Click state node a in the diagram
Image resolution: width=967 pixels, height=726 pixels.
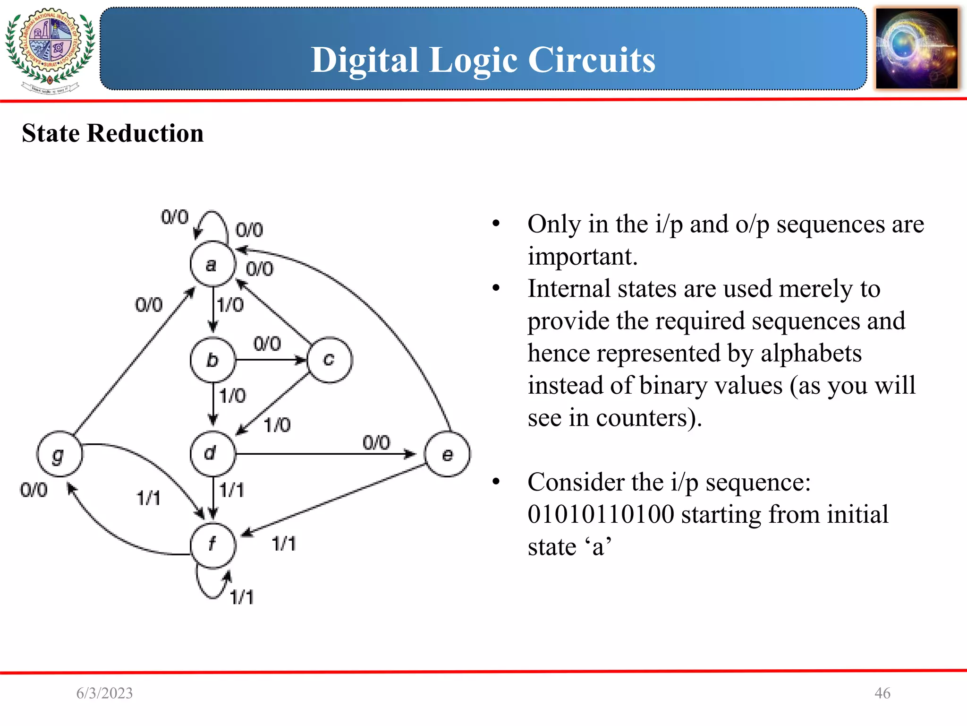212,264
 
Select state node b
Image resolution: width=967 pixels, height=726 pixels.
212,360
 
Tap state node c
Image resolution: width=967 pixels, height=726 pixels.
330,360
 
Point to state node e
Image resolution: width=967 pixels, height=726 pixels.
447,454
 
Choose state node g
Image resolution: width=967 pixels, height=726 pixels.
59,454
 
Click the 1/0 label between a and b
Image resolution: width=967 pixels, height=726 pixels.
230,305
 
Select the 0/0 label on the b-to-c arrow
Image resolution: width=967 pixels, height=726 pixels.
267,344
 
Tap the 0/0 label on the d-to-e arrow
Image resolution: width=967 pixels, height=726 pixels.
376,443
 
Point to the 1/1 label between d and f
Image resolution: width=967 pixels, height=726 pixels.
232,490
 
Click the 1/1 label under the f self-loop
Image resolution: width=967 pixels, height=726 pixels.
242,597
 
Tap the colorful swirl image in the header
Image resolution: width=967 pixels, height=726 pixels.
917,49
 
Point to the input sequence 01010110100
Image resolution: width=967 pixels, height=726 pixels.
601,515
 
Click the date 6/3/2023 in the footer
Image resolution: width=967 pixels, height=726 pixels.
104,693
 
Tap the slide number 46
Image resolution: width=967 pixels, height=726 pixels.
882,693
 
